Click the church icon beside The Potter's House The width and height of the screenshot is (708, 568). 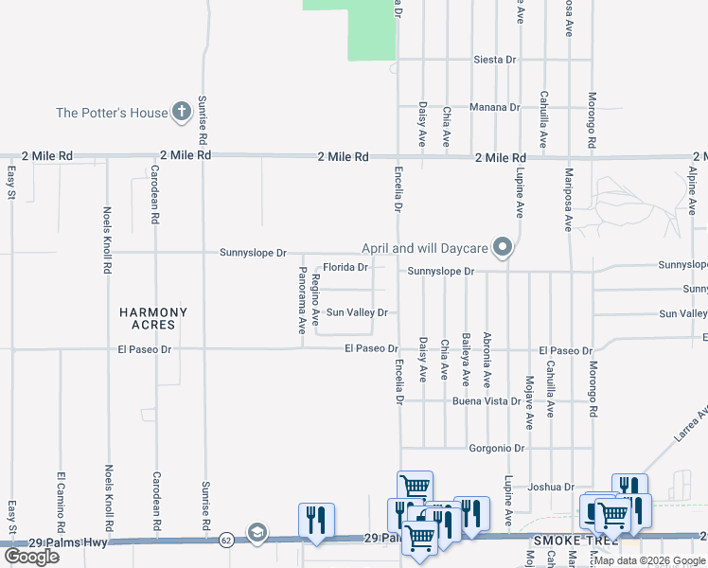(x=182, y=113)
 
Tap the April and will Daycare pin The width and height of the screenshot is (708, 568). (x=504, y=248)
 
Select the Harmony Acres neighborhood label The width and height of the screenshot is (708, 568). (x=153, y=318)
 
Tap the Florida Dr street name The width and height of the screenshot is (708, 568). (x=345, y=267)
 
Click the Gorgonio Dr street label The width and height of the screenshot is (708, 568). (x=496, y=447)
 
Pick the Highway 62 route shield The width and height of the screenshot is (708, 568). (x=225, y=540)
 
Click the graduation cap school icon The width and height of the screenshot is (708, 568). (x=256, y=532)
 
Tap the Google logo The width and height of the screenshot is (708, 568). (x=31, y=556)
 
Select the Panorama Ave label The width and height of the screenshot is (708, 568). (x=302, y=299)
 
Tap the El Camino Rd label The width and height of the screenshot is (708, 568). (x=61, y=499)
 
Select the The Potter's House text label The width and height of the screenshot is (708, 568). (x=112, y=113)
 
